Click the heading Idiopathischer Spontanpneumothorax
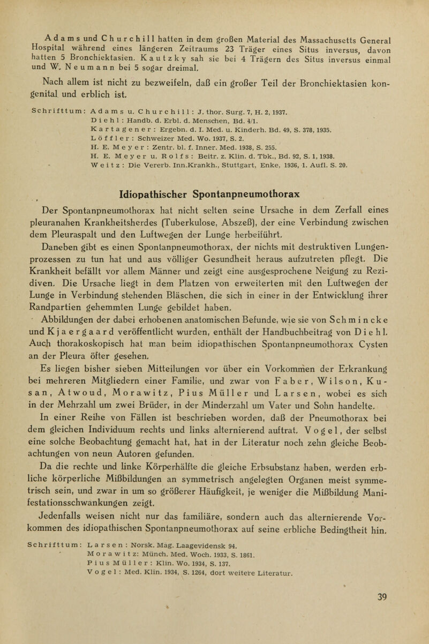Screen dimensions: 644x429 pos(213,191)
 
